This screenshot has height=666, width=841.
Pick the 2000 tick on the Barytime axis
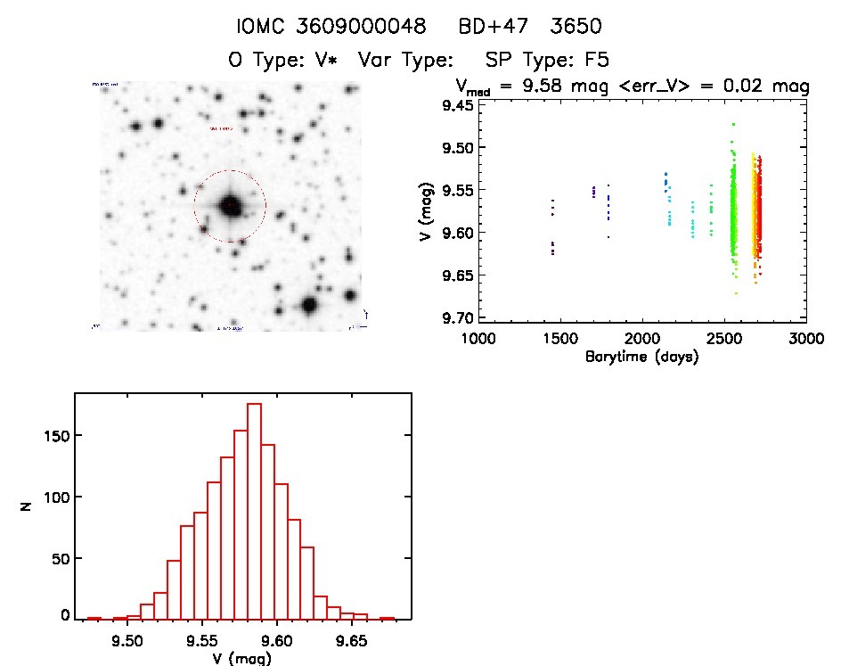[x=642, y=339]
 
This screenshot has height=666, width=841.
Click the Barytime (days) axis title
[x=641, y=357]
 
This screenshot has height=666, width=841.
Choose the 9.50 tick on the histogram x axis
[x=127, y=640]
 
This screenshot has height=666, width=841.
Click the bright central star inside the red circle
[x=230, y=205]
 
